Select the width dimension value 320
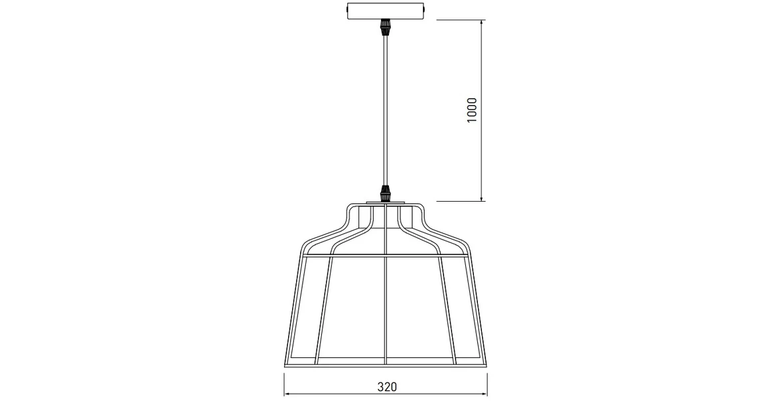(x=386, y=386)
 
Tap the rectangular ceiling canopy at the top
(x=384, y=12)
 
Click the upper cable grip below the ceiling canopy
(x=384, y=28)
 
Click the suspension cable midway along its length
(x=384, y=110)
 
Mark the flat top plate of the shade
(x=385, y=203)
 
